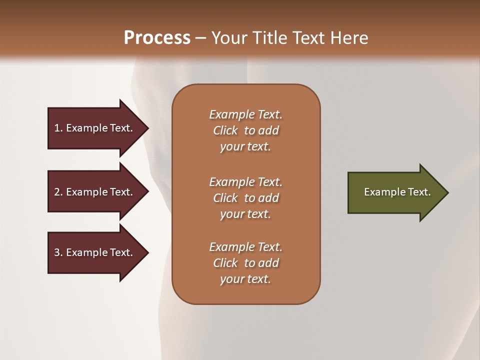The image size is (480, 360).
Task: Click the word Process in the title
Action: [157, 38]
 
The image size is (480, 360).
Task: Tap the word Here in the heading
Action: [348, 38]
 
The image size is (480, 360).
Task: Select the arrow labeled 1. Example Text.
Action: [95, 128]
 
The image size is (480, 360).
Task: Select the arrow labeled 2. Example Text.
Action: [95, 192]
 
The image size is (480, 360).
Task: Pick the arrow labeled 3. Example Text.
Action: [95, 252]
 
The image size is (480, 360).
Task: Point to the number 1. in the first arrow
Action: [58, 128]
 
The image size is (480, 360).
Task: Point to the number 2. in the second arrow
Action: [58, 192]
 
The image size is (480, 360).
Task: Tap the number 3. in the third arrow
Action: [58, 252]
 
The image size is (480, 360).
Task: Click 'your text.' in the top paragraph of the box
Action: [245, 147]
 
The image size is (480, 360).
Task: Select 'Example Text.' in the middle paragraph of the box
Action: [245, 181]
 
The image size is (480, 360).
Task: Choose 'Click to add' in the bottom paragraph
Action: [245, 263]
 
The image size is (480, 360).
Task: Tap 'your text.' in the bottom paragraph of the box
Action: [245, 279]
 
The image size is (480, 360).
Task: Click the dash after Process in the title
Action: [201, 38]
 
